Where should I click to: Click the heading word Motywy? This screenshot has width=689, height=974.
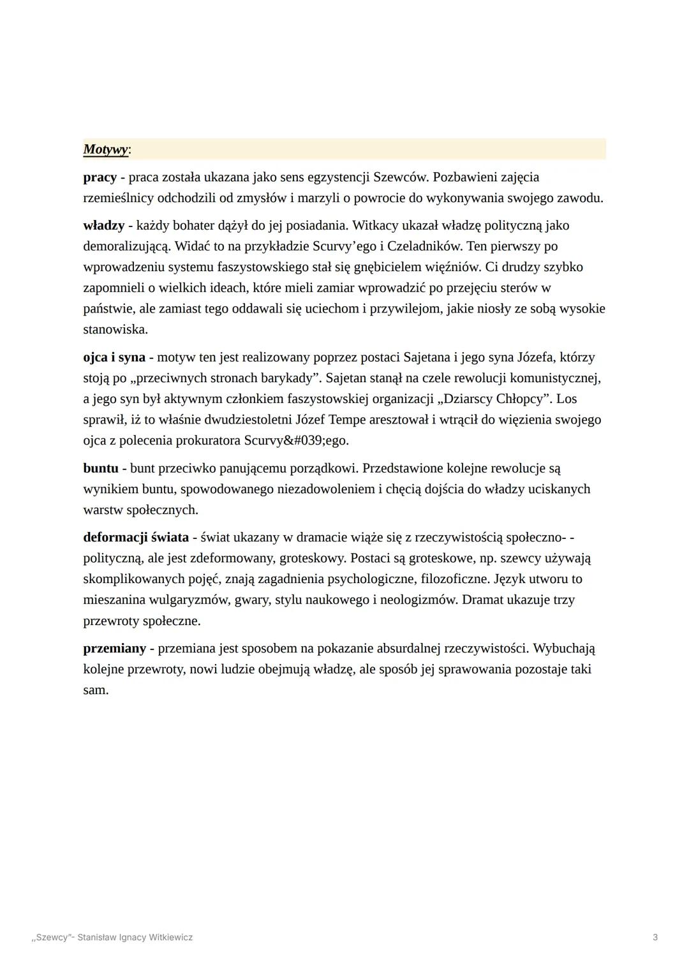click(105, 150)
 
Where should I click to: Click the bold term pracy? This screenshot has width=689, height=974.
click(100, 177)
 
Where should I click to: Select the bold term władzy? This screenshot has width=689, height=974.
click(103, 226)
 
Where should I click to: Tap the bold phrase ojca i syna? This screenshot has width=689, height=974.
click(114, 358)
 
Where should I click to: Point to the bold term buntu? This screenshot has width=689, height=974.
click(101, 469)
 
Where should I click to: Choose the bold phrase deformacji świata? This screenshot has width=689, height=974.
click(136, 538)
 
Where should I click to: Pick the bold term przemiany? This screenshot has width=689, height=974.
click(115, 649)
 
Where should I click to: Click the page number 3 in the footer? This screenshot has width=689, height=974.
click(655, 938)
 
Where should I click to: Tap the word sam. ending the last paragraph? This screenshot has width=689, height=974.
click(96, 690)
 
